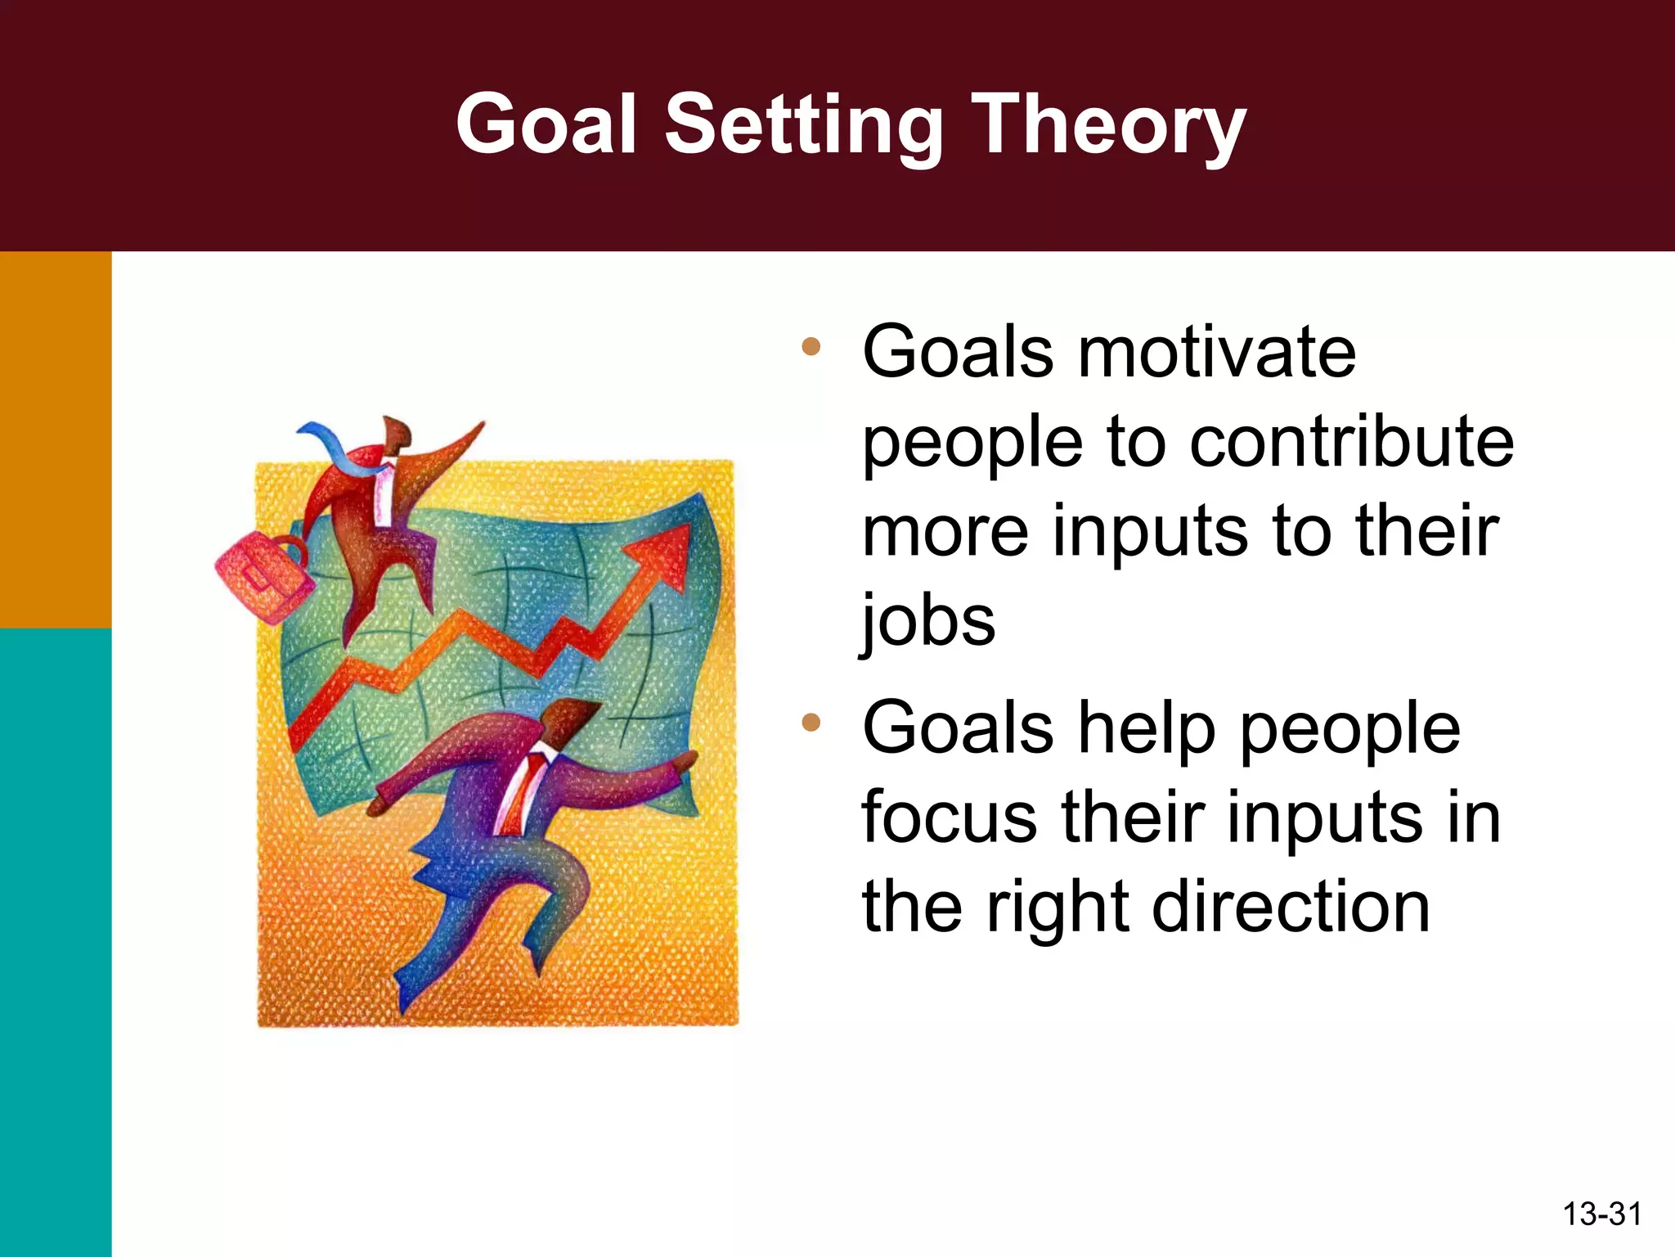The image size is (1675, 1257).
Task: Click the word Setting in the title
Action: click(x=803, y=124)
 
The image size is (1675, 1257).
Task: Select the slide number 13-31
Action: click(x=1601, y=1214)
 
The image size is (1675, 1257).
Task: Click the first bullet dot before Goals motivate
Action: click(x=811, y=347)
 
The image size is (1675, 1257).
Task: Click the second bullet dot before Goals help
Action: click(x=811, y=722)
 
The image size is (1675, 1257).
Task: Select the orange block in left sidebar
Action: click(x=56, y=439)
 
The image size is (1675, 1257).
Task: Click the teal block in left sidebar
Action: click(x=56, y=941)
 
